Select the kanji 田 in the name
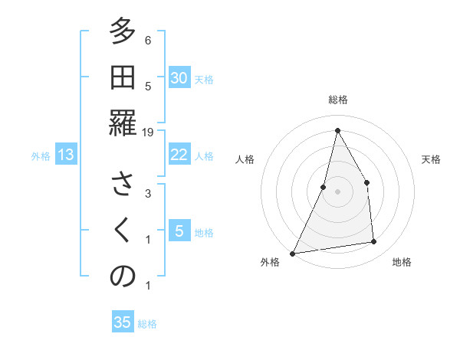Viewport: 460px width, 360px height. tap(123, 78)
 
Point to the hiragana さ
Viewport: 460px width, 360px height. tap(123, 186)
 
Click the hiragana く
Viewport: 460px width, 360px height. tap(123, 231)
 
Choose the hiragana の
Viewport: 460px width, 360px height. tap(123, 277)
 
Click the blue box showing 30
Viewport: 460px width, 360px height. tap(179, 78)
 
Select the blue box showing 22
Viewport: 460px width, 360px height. tap(179, 155)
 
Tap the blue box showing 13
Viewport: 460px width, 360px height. tap(66, 155)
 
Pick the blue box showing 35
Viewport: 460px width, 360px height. tap(123, 322)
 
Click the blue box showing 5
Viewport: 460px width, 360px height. tap(179, 231)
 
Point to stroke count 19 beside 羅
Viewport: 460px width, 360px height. tap(149, 133)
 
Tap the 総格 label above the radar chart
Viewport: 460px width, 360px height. tap(337, 100)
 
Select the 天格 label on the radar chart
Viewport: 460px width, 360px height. tap(431, 159)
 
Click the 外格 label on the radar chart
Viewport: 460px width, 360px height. tap(270, 262)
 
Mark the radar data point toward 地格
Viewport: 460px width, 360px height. tap(373, 242)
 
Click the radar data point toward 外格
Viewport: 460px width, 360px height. tap(292, 254)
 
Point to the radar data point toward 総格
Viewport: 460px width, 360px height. tap(337, 130)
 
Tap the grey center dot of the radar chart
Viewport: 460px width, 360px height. tap(337, 191)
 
